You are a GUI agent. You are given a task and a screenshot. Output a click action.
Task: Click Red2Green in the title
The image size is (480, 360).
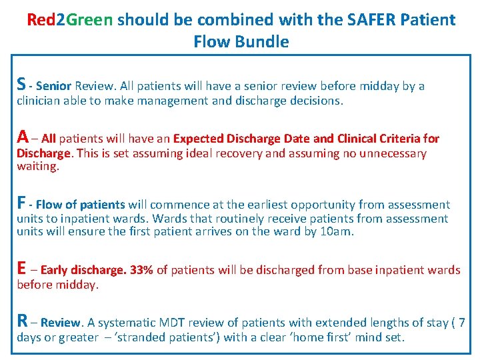pos(69,19)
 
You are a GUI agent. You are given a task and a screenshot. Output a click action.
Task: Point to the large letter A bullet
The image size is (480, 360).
pos(23,137)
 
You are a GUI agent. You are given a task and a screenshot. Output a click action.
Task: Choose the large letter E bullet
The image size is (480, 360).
pos(21,269)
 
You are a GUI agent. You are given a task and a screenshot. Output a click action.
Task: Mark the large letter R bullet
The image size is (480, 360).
pos(22,322)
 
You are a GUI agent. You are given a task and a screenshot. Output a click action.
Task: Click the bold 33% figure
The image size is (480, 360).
pos(141,271)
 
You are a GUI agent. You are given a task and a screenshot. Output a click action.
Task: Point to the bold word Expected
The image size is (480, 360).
pos(199,139)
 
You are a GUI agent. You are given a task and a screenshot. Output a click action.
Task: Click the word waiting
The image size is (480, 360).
pos(37,167)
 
